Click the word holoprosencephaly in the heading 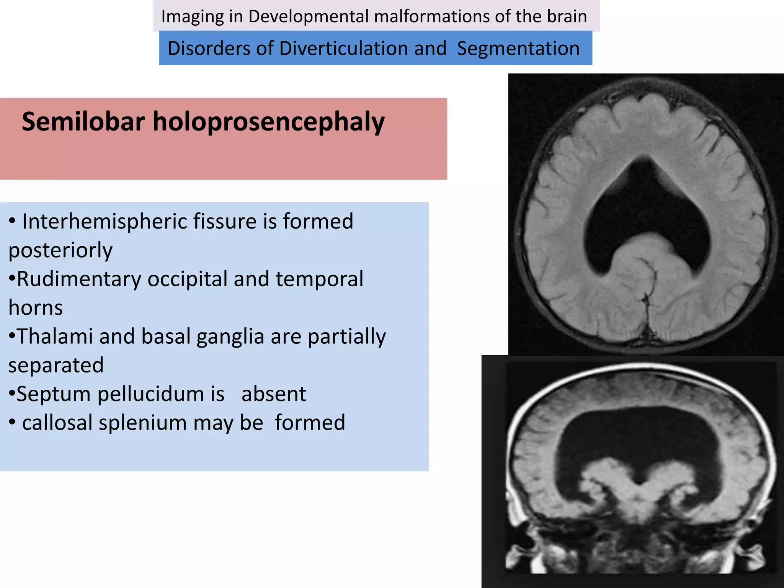point(268,122)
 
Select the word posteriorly point(60,250)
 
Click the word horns point(36,308)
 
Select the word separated point(56,365)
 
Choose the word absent point(274,394)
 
